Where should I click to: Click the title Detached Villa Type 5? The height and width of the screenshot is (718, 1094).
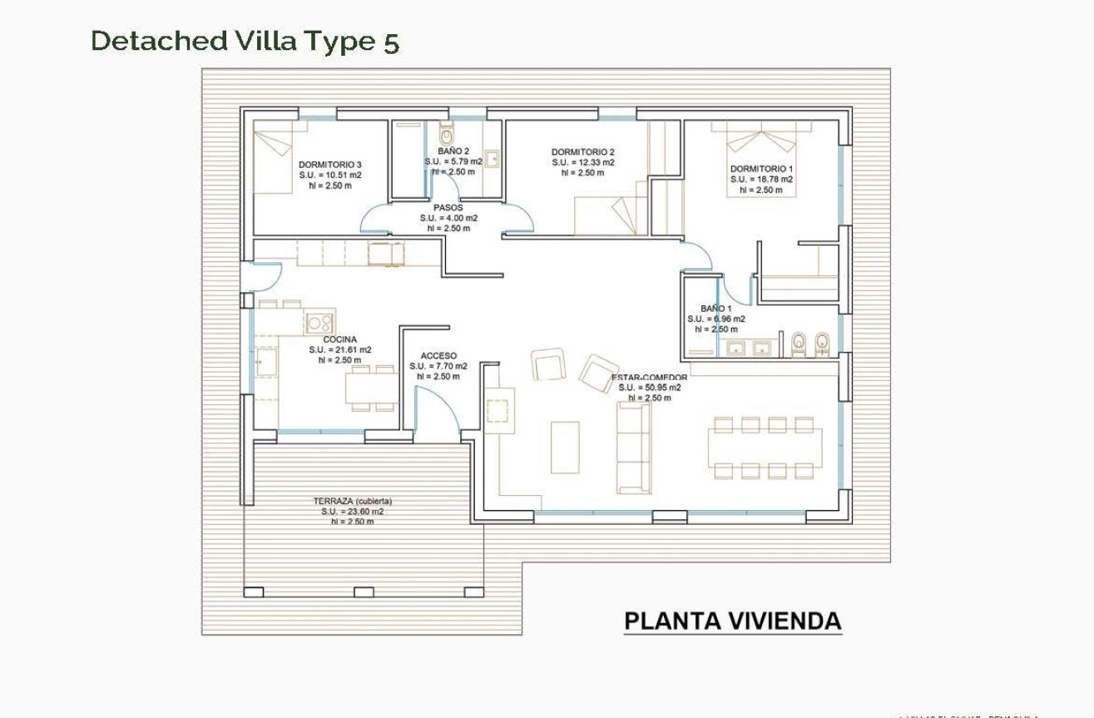(245, 41)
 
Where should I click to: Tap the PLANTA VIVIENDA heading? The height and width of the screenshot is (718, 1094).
(732, 621)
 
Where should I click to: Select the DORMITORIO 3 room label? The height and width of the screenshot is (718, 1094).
(330, 165)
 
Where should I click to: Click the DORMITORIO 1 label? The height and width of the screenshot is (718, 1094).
(761, 169)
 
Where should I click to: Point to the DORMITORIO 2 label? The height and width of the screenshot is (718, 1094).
(582, 152)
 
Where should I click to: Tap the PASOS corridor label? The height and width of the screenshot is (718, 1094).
(448, 208)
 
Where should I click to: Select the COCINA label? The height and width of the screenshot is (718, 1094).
(339, 339)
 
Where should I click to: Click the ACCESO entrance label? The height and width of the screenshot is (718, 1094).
(438, 356)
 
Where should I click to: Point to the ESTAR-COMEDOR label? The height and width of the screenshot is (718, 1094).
(650, 378)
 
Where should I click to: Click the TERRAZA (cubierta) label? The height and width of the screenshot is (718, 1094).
(352, 502)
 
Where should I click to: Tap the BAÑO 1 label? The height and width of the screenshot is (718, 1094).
(715, 309)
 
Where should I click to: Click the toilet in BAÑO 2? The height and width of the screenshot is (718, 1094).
(446, 135)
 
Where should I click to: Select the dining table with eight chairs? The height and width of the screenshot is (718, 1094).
(764, 448)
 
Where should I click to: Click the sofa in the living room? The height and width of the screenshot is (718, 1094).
(633, 447)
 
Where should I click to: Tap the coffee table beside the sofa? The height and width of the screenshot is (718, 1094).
(565, 447)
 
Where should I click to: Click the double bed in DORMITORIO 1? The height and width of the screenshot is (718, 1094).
(761, 158)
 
